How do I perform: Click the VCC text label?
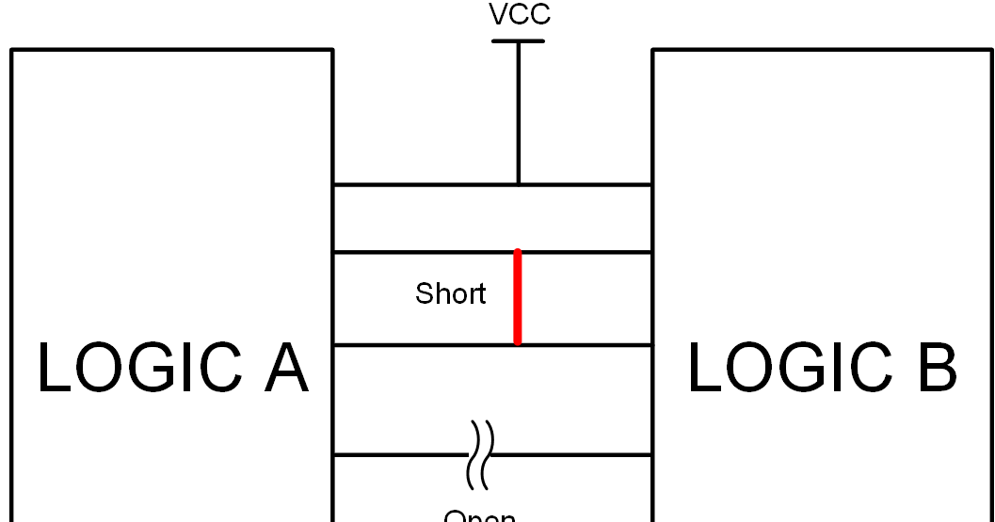point(519,15)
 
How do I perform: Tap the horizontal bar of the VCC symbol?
point(519,41)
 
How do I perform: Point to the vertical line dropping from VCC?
point(519,113)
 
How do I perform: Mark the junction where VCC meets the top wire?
point(519,184)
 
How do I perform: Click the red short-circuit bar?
point(518,297)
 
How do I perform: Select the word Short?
point(450,294)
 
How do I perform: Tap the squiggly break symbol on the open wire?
point(480,454)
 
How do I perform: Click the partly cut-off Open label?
point(479,515)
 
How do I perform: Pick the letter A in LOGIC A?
point(285,368)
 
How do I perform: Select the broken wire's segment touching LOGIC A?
point(400,455)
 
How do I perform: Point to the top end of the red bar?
point(518,253)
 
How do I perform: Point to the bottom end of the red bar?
point(518,342)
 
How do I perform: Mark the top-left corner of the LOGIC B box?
point(653,50)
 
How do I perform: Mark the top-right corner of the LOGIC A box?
point(332,50)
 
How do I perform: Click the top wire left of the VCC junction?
point(424,184)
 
